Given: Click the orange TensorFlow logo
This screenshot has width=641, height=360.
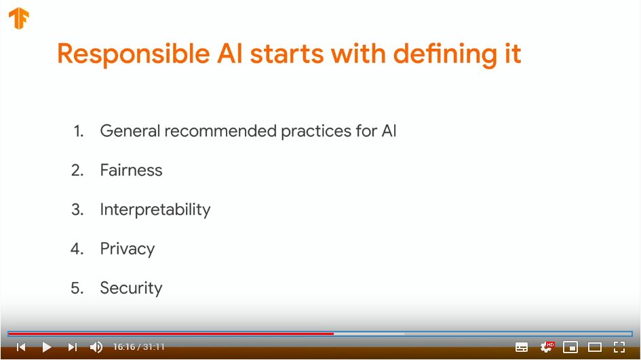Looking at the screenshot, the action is click(x=19, y=18).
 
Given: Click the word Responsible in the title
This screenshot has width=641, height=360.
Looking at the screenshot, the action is click(x=133, y=54).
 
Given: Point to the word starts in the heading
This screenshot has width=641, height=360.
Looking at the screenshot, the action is click(x=287, y=55).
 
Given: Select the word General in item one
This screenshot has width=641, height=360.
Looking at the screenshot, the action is click(x=130, y=131).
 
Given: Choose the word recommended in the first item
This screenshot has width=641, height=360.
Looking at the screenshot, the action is click(x=220, y=131).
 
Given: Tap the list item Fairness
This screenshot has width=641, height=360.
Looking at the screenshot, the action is click(x=131, y=170).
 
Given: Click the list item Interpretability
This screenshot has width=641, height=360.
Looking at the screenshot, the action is click(x=155, y=209).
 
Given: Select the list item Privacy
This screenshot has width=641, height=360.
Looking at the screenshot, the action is click(x=128, y=249).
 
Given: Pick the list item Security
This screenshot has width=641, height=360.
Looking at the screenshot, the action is click(x=131, y=288).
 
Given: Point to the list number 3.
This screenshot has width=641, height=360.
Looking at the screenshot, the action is click(x=77, y=209).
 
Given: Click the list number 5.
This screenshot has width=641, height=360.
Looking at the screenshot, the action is click(x=77, y=287).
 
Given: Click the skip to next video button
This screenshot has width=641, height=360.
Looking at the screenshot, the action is click(x=73, y=347).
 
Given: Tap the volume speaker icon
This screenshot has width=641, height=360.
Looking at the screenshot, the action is click(x=96, y=347).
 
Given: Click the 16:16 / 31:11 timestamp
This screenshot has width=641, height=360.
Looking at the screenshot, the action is click(x=138, y=347).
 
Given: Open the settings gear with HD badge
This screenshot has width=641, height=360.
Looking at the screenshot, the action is click(x=547, y=347).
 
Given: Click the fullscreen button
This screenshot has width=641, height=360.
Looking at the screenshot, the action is click(x=619, y=347).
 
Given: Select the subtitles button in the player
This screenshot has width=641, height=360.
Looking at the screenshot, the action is click(x=521, y=347).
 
